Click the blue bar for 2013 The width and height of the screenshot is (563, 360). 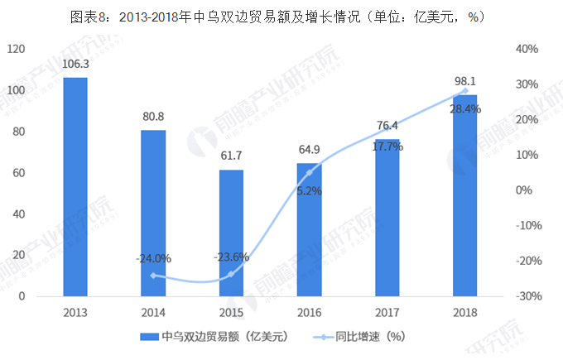[x=75, y=186]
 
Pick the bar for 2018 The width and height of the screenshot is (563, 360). [x=464, y=195]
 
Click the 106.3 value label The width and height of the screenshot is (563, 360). [x=75, y=64]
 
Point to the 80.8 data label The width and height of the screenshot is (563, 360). [x=153, y=116]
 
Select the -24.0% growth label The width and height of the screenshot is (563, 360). [x=153, y=258]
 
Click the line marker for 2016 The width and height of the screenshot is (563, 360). [x=309, y=172]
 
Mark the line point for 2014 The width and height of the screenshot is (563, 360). [x=153, y=275]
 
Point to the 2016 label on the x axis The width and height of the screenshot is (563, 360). [x=309, y=313]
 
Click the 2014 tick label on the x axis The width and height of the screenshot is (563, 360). [x=153, y=313]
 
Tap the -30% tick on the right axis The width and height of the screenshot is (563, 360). [x=527, y=296]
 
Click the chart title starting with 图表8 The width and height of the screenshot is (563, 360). [x=281, y=16]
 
